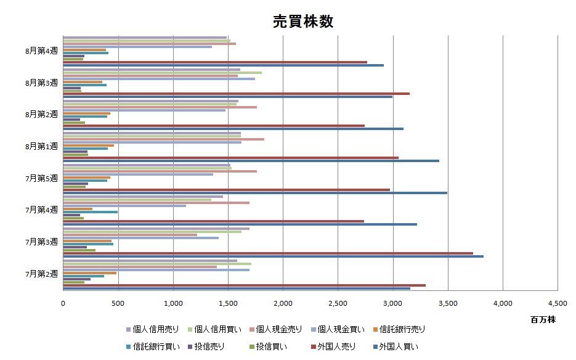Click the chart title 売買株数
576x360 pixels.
point(303,22)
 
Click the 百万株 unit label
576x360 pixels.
point(543,319)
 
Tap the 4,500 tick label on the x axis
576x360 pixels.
point(557,303)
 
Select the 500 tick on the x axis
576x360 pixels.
point(118,303)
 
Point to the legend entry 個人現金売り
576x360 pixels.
point(278,329)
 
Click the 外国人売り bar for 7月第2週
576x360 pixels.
point(244,285)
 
